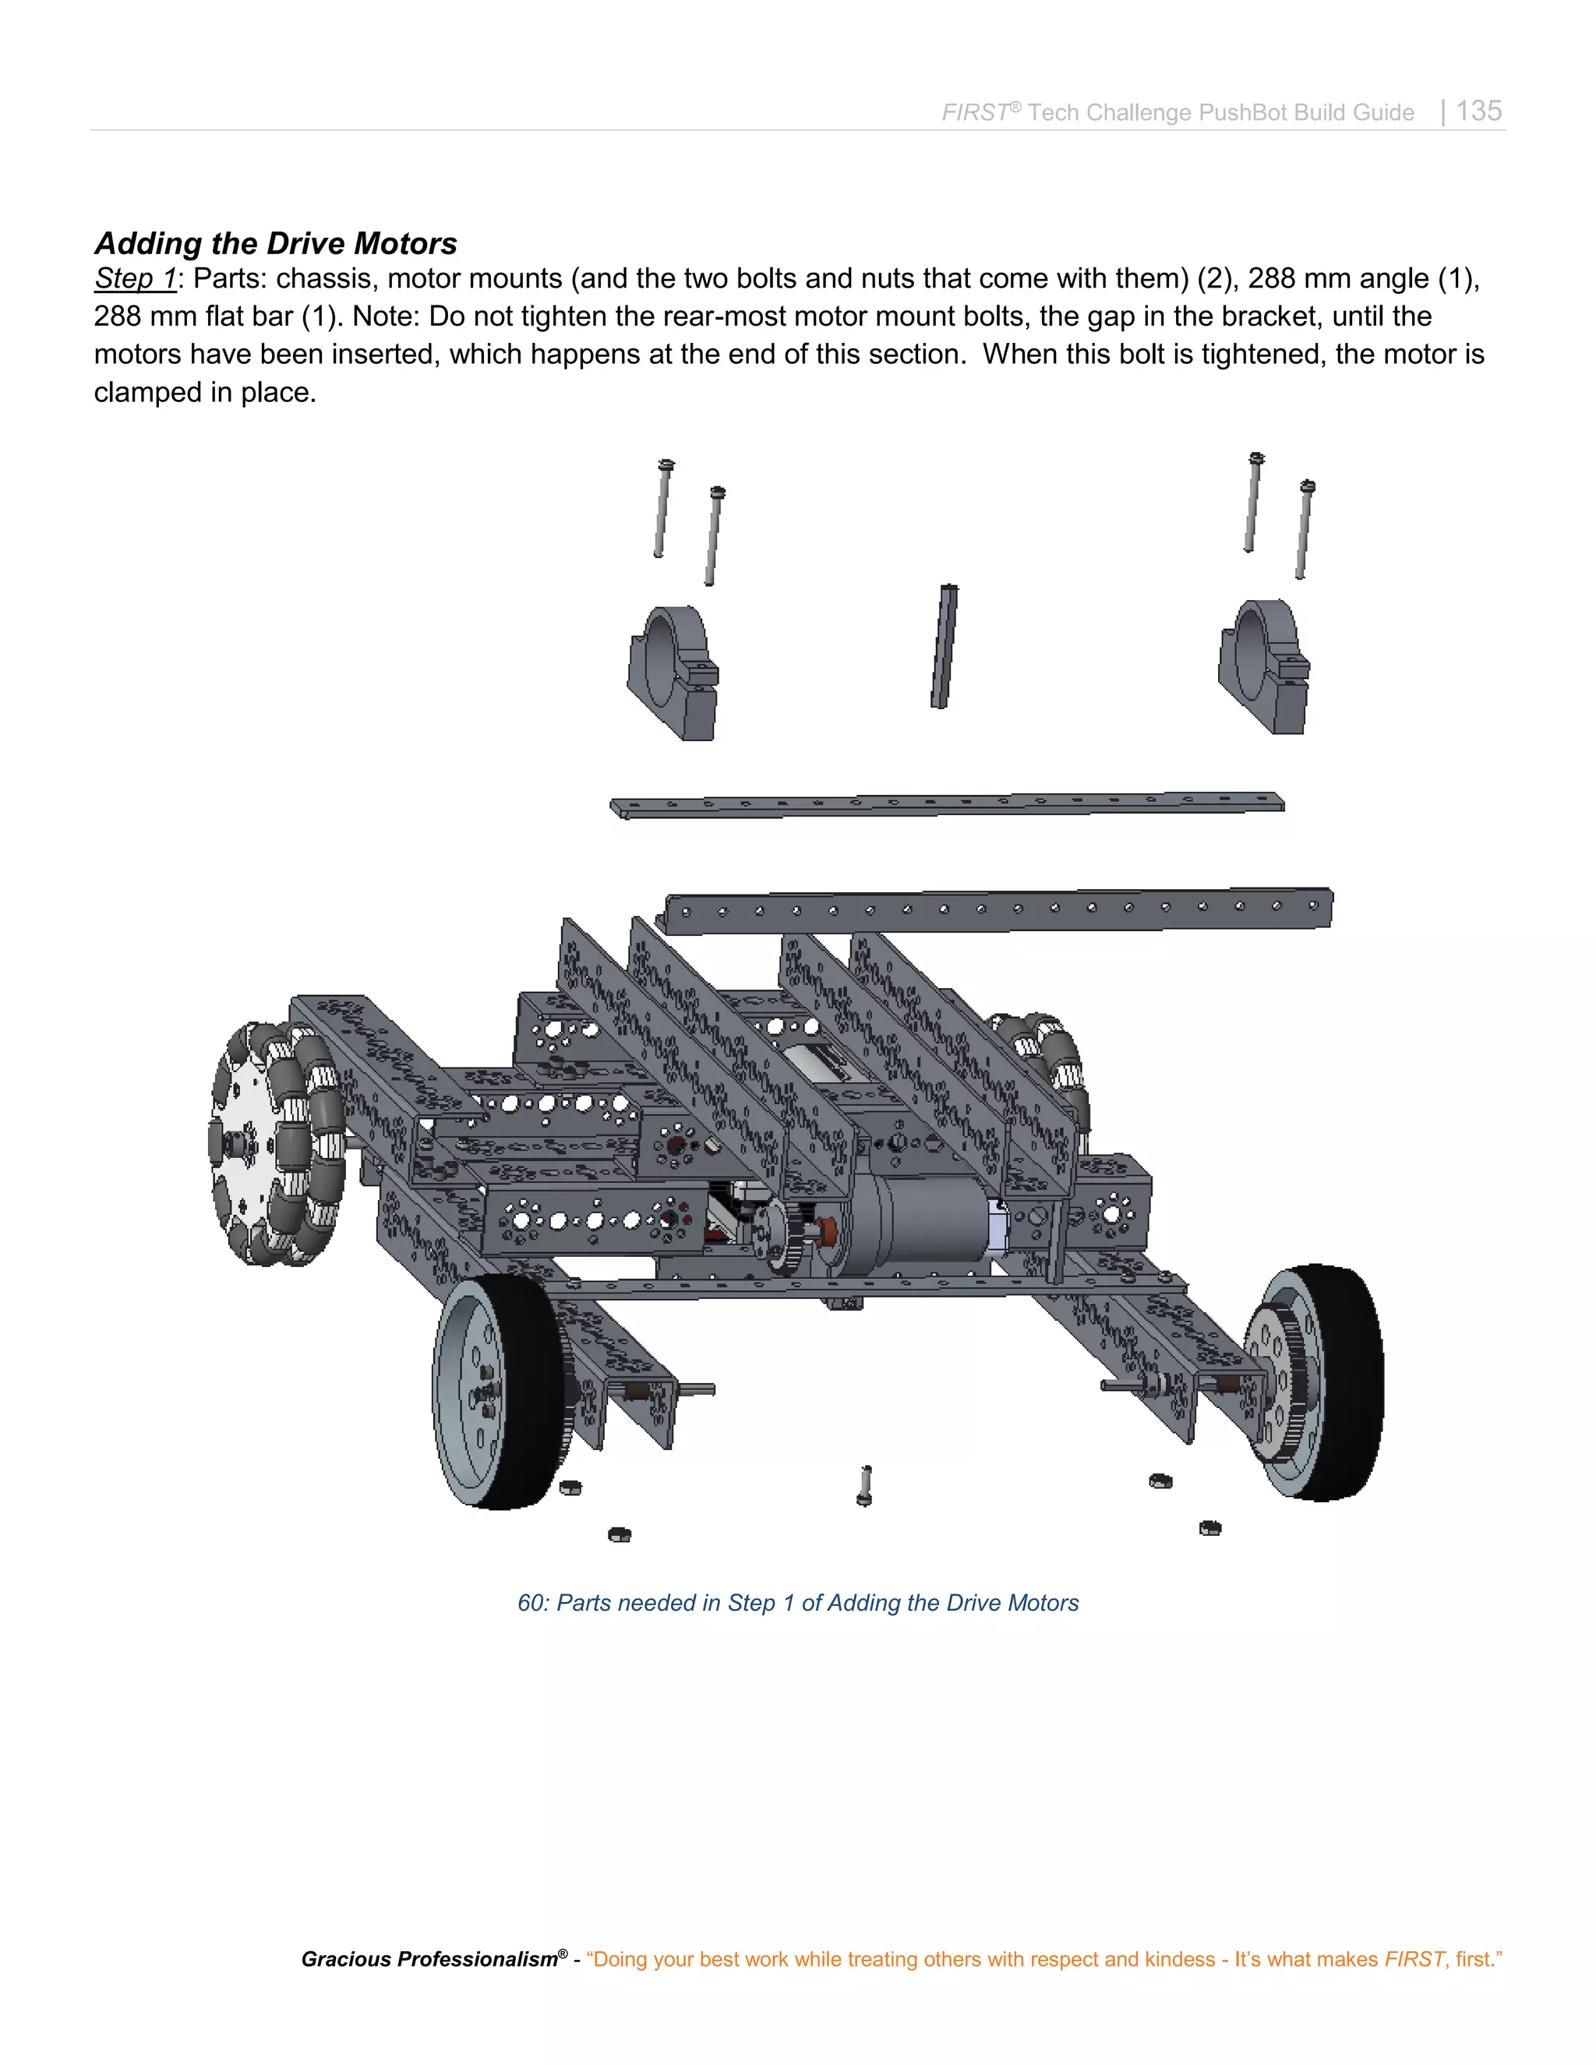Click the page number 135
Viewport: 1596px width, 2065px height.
1478,111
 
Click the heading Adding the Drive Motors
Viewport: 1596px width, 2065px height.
275,243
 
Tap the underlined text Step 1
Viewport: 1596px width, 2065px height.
134,279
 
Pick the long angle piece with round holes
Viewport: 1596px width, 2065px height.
998,909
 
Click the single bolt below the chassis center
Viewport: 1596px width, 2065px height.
864,1485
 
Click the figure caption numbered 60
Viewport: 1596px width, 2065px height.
797,1603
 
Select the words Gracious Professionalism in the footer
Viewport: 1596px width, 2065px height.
430,1959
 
